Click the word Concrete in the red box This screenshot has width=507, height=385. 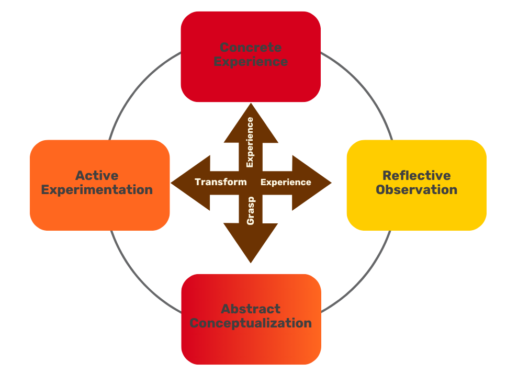click(251, 48)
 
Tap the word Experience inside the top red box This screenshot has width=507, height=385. click(251, 62)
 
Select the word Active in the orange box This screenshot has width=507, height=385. click(97, 175)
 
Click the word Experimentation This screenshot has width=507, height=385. click(97, 189)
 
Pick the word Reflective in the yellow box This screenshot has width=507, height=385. click(416, 175)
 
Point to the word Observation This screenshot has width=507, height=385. click(416, 189)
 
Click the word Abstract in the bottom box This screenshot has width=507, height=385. click(251, 309)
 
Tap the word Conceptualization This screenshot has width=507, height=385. click(251, 323)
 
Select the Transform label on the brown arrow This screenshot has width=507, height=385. click(220, 182)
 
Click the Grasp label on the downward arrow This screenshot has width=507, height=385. click(251, 211)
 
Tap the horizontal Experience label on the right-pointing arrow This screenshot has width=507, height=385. click(286, 183)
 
